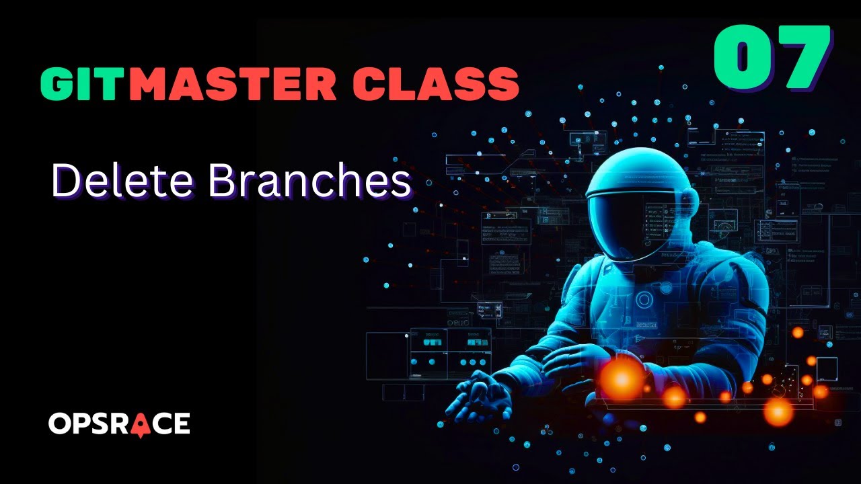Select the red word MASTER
pyautogui.click(x=232, y=84)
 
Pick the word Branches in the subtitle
pyautogui.click(x=309, y=181)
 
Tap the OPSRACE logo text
pyautogui.click(x=119, y=424)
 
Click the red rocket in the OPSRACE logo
pyautogui.click(x=140, y=424)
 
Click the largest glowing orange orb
pyautogui.click(x=621, y=378)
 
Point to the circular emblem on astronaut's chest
pyautogui.click(x=644, y=299)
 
